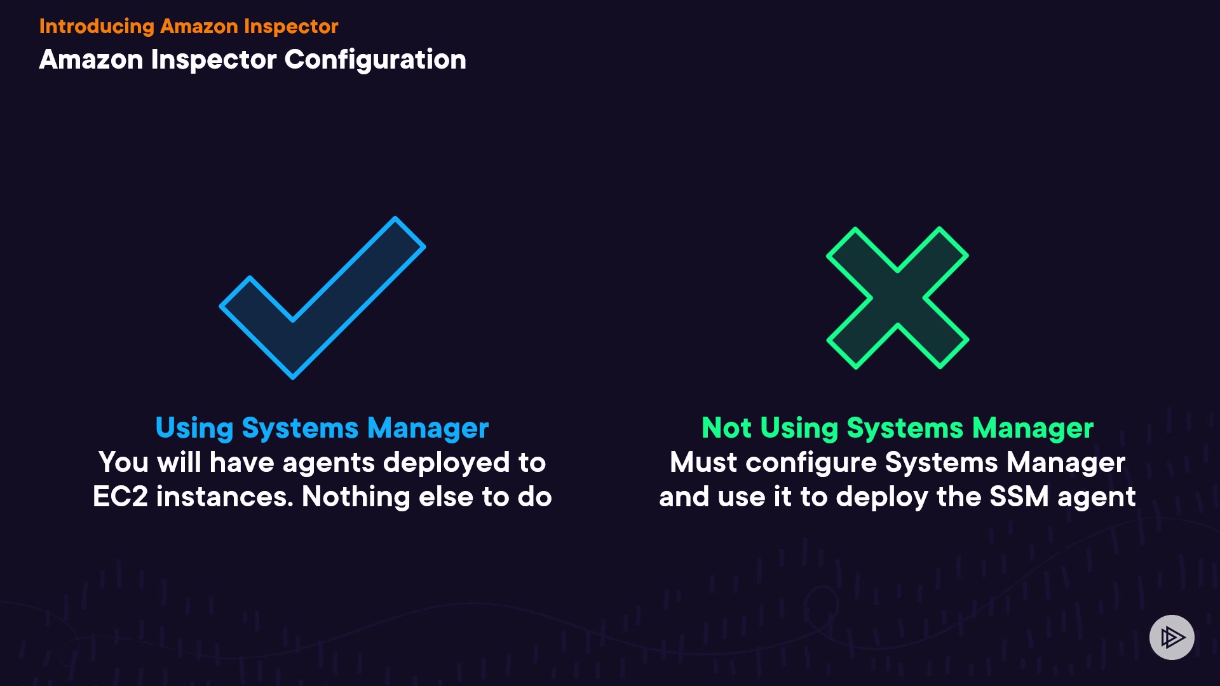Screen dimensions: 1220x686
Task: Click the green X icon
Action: coord(897,298)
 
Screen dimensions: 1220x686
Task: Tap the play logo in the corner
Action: coord(1172,637)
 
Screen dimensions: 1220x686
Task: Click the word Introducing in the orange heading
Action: coord(97,26)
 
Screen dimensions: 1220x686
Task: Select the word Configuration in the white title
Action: coord(375,60)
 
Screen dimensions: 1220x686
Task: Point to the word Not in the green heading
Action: coord(726,428)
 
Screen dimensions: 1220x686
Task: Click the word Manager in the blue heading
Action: coord(428,428)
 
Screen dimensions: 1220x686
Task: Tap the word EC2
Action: coord(120,497)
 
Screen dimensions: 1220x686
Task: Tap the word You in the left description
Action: coord(124,462)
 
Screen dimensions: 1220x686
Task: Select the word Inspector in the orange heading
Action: coord(291,26)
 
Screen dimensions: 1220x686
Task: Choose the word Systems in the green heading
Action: coord(905,429)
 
